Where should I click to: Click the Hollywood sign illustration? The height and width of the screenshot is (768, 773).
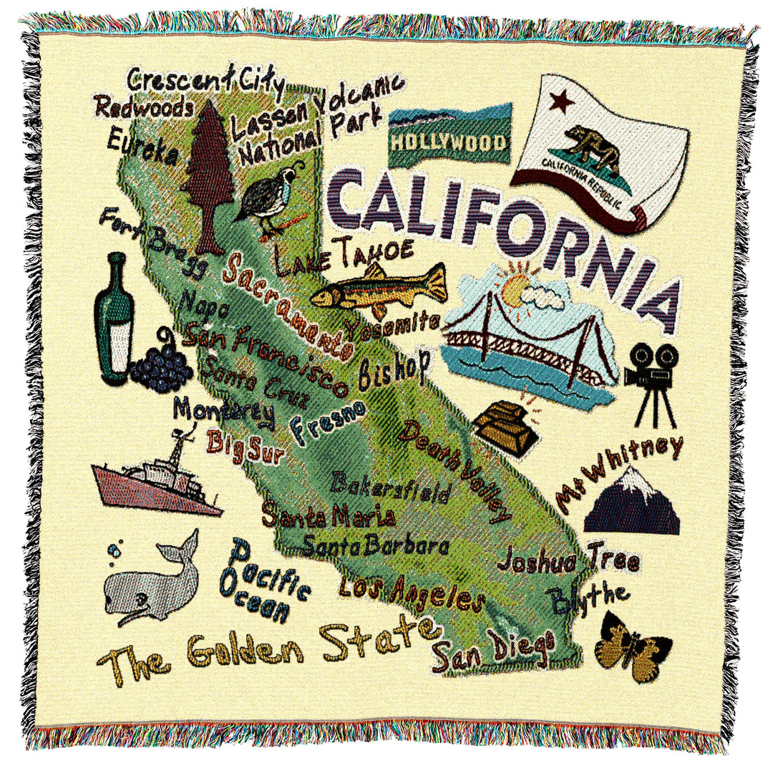pos(449,136)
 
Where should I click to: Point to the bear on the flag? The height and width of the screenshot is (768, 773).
pos(591,147)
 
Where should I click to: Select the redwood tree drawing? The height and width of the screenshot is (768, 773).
pos(208,175)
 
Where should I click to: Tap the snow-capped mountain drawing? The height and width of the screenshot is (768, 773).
pos(632,501)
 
